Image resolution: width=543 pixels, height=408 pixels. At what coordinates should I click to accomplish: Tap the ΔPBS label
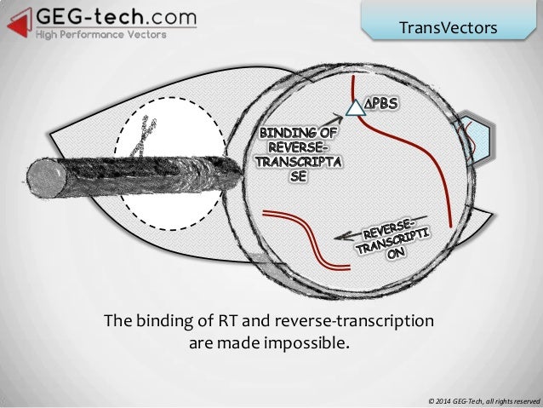point(386,106)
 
